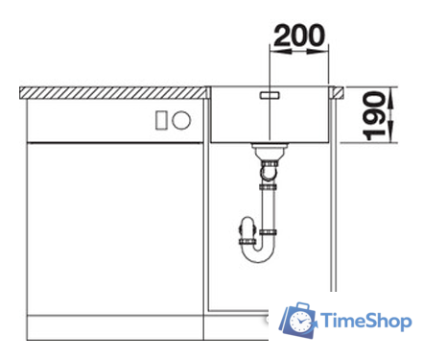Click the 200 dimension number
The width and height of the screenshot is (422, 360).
(299, 36)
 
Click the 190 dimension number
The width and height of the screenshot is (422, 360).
(374, 116)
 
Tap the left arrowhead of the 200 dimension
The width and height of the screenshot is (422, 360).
(281, 51)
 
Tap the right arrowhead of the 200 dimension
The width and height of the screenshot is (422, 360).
(317, 51)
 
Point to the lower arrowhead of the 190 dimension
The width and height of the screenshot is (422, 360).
(390, 131)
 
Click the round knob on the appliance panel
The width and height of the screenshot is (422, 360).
(181, 120)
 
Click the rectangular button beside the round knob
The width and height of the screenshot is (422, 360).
(161, 120)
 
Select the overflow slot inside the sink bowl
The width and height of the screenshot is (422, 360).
(270, 95)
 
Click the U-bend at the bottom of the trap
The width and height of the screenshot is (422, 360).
(258, 257)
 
